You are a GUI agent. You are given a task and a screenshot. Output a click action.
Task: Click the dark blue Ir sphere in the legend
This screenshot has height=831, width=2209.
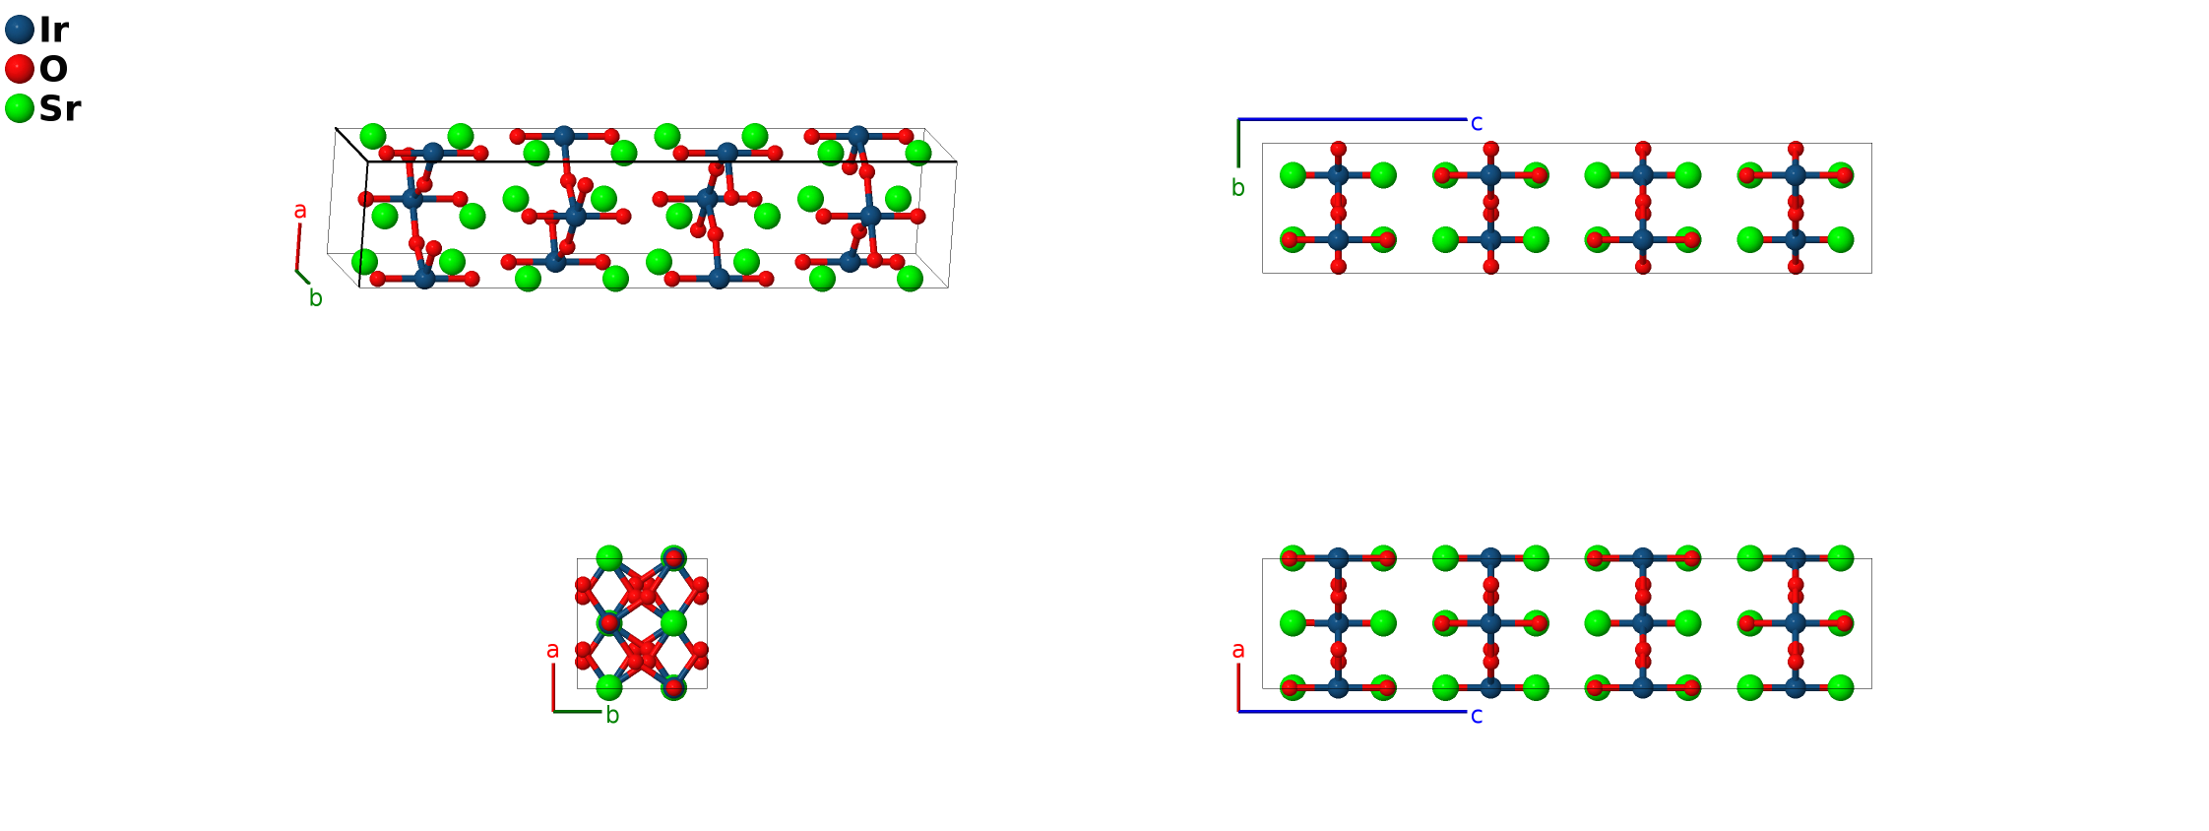(x=20, y=30)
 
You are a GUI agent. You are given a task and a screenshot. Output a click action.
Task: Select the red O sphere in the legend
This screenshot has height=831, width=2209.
(x=20, y=69)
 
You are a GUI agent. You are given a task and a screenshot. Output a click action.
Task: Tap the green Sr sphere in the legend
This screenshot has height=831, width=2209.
(x=20, y=108)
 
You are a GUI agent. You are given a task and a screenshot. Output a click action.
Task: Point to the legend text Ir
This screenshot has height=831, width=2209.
(x=53, y=30)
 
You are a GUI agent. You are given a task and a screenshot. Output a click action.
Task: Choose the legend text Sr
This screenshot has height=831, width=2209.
(x=59, y=108)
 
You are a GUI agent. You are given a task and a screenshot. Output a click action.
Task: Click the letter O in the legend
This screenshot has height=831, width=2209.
(x=53, y=69)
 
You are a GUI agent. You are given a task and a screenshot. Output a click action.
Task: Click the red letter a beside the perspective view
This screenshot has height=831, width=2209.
(x=300, y=210)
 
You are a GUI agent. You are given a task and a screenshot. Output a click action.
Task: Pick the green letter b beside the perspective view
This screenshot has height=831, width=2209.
(x=315, y=298)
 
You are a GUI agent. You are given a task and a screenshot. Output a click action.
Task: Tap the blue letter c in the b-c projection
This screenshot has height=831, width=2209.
(x=1477, y=123)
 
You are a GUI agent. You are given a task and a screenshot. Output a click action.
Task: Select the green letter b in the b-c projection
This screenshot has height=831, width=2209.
(x=1238, y=188)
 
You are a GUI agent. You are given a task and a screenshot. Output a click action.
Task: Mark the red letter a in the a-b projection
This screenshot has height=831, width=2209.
(x=552, y=650)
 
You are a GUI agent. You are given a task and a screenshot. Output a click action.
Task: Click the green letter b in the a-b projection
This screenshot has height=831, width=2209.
(x=612, y=716)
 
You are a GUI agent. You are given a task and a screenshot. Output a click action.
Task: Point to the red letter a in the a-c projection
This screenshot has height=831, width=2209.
(x=1238, y=650)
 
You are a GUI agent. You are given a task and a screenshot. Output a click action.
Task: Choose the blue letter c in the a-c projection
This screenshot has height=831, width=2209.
(x=1477, y=716)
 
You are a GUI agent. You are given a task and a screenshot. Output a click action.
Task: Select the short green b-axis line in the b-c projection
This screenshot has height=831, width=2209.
(x=1238, y=144)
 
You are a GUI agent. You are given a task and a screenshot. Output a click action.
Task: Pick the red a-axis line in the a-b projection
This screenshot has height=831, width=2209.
(x=553, y=687)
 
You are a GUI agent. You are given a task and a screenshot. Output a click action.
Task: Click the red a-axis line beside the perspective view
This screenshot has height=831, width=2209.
(x=298, y=246)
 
